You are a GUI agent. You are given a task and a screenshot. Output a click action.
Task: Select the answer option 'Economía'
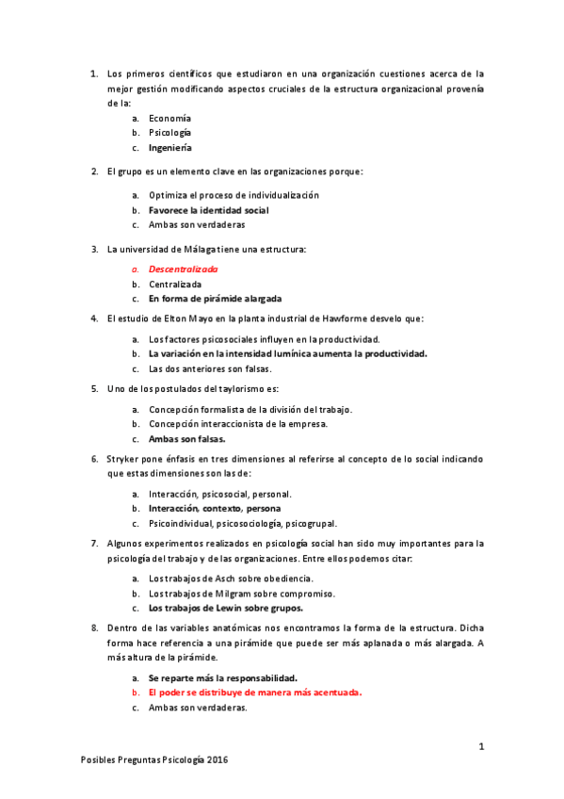(x=169, y=118)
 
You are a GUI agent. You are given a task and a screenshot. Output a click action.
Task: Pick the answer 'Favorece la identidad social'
(x=208, y=210)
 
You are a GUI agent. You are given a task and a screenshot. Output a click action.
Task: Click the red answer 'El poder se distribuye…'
(x=254, y=693)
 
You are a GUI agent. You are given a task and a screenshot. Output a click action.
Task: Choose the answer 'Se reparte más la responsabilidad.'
(x=223, y=677)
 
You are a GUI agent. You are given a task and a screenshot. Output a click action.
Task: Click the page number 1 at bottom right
(x=481, y=746)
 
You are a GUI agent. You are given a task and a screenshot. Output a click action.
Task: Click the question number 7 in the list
(x=94, y=543)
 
